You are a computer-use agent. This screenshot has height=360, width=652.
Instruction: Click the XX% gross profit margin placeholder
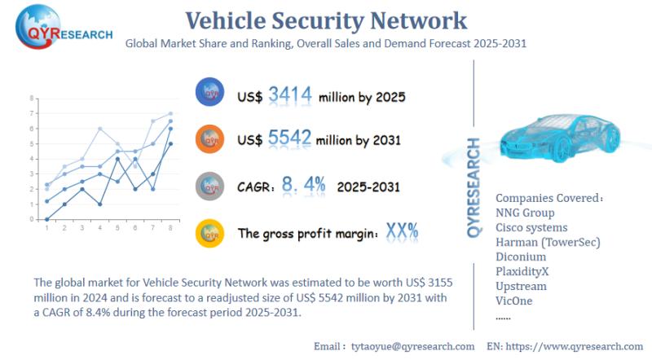click(403, 231)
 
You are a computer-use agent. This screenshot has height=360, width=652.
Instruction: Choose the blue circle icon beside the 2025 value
click(211, 93)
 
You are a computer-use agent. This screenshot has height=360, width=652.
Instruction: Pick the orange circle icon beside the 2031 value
click(211, 138)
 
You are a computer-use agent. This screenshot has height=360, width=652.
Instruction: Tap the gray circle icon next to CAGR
click(211, 186)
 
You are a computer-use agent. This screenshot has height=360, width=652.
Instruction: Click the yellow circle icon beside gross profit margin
click(211, 233)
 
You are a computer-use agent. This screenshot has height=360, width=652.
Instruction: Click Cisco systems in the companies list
click(531, 227)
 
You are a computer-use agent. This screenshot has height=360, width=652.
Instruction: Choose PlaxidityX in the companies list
click(526, 271)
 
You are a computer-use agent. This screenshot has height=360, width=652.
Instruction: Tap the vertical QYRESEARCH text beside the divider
click(474, 187)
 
